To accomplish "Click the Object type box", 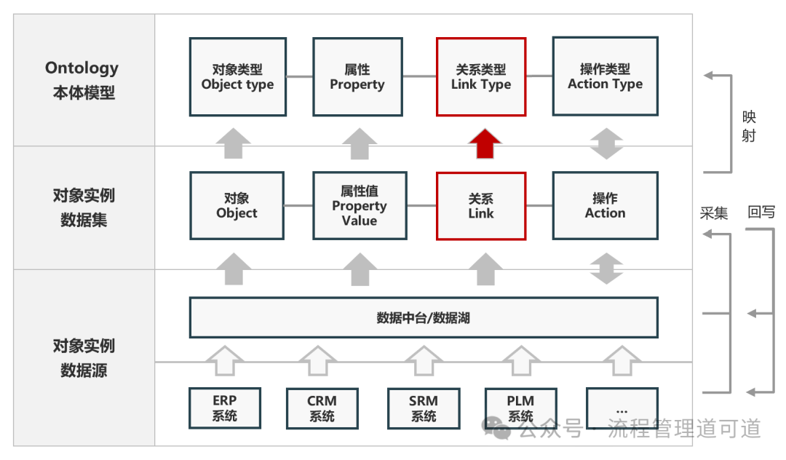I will click(237, 77).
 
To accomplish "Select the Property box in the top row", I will click(357, 77).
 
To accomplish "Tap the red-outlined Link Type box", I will click(480, 77).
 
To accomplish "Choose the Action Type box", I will click(605, 77).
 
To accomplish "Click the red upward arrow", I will click(484, 143).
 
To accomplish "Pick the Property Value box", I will click(359, 206).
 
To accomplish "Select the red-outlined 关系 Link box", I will click(480, 206).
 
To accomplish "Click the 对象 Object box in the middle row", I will click(237, 206).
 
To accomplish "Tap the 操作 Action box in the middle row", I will click(605, 206).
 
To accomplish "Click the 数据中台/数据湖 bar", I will click(423, 317).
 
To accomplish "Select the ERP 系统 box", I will click(224, 408).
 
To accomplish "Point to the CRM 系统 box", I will click(322, 408).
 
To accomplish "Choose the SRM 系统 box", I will click(423, 408).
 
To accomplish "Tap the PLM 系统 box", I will click(520, 408).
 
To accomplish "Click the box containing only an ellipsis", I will click(622, 408).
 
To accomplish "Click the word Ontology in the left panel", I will click(82, 68).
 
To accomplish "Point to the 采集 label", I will click(714, 213).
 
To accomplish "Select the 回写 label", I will click(761, 213).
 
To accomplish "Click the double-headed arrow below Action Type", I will click(606, 143).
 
